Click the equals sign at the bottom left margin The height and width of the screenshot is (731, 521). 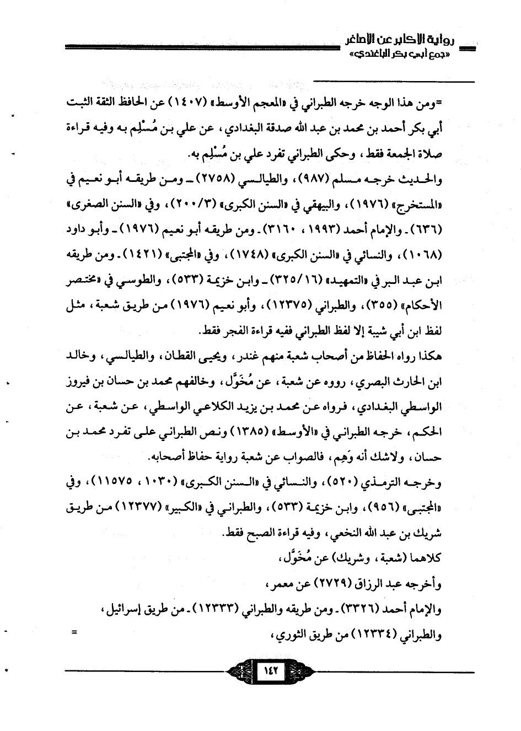click(73, 633)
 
